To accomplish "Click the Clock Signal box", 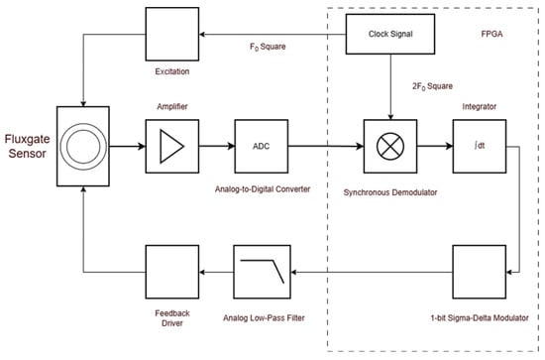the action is pyautogui.click(x=390, y=34).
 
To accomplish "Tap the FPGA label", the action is pyautogui.click(x=491, y=34).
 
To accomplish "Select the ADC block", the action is pyautogui.click(x=262, y=146).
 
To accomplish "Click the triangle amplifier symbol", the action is pyautogui.click(x=171, y=146).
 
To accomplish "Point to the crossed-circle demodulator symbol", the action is pyautogui.click(x=390, y=146).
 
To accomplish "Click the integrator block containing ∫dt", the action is pyautogui.click(x=480, y=146).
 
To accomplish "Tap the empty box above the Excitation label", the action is pyautogui.click(x=172, y=34).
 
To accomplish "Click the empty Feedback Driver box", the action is pyautogui.click(x=172, y=272).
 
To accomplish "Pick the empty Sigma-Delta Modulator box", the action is pyautogui.click(x=480, y=272).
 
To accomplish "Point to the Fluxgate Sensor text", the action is pyautogui.click(x=27, y=146).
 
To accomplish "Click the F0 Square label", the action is pyautogui.click(x=268, y=47).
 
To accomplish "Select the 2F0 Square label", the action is pyautogui.click(x=432, y=86).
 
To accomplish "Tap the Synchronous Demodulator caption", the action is pyautogui.click(x=390, y=192).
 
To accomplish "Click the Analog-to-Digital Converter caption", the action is pyautogui.click(x=263, y=189).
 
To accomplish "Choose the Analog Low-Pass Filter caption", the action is pyautogui.click(x=264, y=318).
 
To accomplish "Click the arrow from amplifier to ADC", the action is pyautogui.click(x=217, y=146).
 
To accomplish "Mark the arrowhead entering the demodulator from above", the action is pyautogui.click(x=390, y=117).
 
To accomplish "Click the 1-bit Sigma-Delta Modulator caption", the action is pyautogui.click(x=480, y=318).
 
